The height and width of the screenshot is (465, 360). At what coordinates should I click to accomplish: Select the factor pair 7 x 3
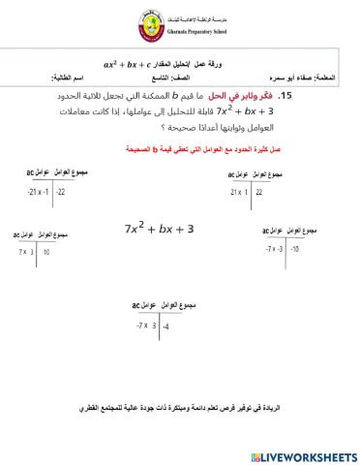tap(26, 252)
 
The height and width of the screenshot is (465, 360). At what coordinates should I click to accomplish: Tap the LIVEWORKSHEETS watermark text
tap(304, 454)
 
